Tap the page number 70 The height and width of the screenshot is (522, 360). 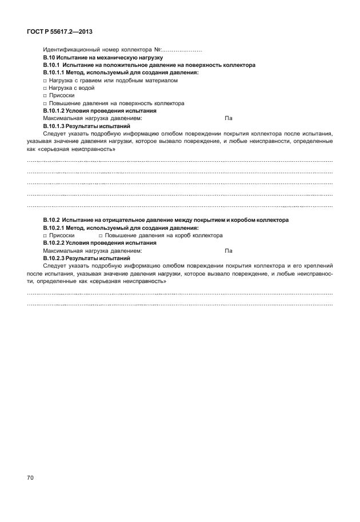(31, 477)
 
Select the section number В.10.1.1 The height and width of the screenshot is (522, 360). (55, 73)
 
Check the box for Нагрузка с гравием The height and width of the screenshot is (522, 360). (45, 81)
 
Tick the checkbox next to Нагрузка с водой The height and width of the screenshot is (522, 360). (45, 88)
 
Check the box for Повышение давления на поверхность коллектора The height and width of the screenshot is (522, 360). (45, 103)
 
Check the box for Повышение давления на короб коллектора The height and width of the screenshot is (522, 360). (101, 235)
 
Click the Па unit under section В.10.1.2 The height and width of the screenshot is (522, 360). (229, 118)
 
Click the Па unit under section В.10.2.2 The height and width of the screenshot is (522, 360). (229, 250)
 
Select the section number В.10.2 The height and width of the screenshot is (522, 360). (53, 220)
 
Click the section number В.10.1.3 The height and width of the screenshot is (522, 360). (55, 126)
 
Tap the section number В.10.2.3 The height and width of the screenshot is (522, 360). (55, 258)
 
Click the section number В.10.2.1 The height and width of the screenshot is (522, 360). (55, 228)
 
